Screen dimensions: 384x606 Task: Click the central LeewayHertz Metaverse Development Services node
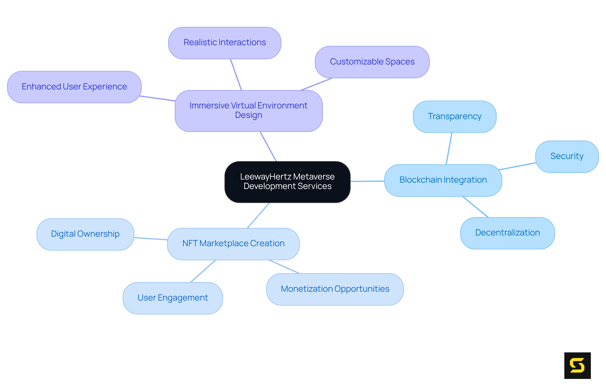pyautogui.click(x=287, y=182)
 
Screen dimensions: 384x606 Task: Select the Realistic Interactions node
pyautogui.click(x=224, y=43)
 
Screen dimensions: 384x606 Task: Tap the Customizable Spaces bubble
pyautogui.click(x=372, y=62)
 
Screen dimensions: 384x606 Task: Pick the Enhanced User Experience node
pyautogui.click(x=74, y=87)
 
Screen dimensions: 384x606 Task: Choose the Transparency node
pyautogui.click(x=454, y=117)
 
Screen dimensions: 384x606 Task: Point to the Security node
pyautogui.click(x=567, y=156)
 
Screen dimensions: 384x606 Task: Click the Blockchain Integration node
pyautogui.click(x=443, y=180)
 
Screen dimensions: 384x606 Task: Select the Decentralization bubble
pyautogui.click(x=507, y=233)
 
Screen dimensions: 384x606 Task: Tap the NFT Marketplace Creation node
pyautogui.click(x=233, y=244)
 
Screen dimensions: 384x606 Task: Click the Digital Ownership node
pyautogui.click(x=85, y=234)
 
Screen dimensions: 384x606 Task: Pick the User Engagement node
pyautogui.click(x=172, y=298)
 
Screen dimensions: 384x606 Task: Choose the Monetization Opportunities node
pyautogui.click(x=335, y=289)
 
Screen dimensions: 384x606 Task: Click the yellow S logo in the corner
pyautogui.click(x=577, y=365)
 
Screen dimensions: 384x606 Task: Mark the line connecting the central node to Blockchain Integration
pyautogui.click(x=367, y=181)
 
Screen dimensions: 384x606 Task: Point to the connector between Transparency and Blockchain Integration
pyautogui.click(x=449, y=149)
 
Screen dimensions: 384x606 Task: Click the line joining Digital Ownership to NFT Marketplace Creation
pyautogui.click(x=151, y=239)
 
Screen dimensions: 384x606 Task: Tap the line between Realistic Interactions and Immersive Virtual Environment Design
pyautogui.click(x=236, y=75)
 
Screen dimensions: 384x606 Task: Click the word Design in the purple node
pyautogui.click(x=248, y=115)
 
